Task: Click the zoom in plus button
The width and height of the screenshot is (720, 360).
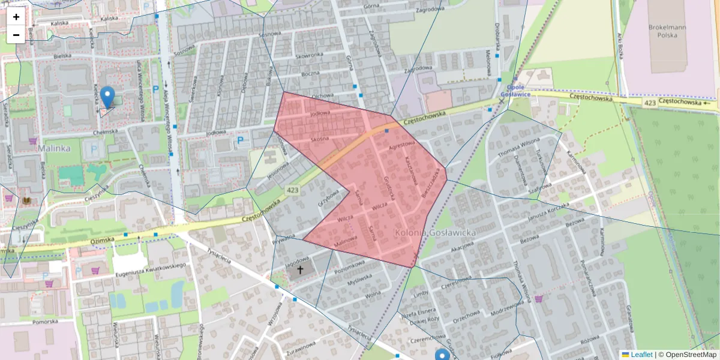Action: click(16, 17)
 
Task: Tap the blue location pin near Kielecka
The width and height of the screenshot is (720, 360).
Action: click(107, 97)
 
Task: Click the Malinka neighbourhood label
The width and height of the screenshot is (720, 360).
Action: click(54, 148)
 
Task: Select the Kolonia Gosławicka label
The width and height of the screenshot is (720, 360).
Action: click(436, 232)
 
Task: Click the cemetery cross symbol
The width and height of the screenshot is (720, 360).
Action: click(300, 269)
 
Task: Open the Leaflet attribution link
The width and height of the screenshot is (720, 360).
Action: click(641, 355)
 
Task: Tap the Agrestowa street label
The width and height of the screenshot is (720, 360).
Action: click(402, 145)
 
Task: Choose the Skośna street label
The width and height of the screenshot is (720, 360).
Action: click(320, 139)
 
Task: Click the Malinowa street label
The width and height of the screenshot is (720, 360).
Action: click(345, 241)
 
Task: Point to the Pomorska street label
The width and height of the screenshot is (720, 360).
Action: click(46, 322)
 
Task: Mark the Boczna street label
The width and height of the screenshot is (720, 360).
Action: click(311, 74)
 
